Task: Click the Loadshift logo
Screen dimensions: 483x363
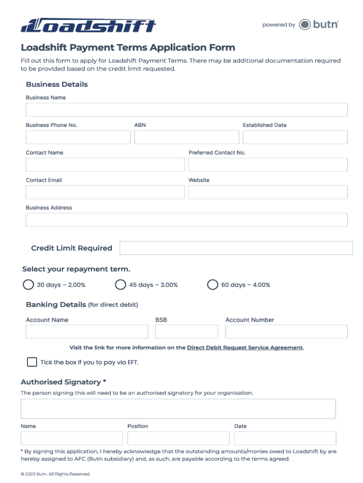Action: point(88,25)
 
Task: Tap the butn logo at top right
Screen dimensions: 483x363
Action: point(319,25)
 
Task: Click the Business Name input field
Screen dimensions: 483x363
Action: point(186,110)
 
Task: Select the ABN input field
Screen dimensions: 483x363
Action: point(186,137)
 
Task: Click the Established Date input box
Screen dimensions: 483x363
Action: point(295,137)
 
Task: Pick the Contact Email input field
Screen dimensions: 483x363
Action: point(105,192)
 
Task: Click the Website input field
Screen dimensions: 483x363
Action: point(268,192)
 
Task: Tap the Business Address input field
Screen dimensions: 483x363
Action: point(186,220)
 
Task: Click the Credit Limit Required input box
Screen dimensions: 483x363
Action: point(236,248)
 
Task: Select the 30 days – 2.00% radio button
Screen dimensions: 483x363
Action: point(28,284)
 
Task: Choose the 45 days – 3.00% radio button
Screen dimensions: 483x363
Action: point(121,284)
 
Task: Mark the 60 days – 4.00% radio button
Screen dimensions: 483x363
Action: point(213,284)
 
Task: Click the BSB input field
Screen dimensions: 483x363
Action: point(186,332)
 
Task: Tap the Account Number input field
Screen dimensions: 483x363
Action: point(286,332)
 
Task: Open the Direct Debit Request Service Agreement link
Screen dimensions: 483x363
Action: point(245,348)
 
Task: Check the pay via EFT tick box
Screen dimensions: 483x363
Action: point(32,362)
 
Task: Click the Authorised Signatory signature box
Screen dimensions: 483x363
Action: point(178,408)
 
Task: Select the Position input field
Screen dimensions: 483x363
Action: point(178,438)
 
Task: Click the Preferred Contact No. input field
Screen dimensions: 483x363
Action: point(268,165)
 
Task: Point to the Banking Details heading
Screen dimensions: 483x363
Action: point(56,305)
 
